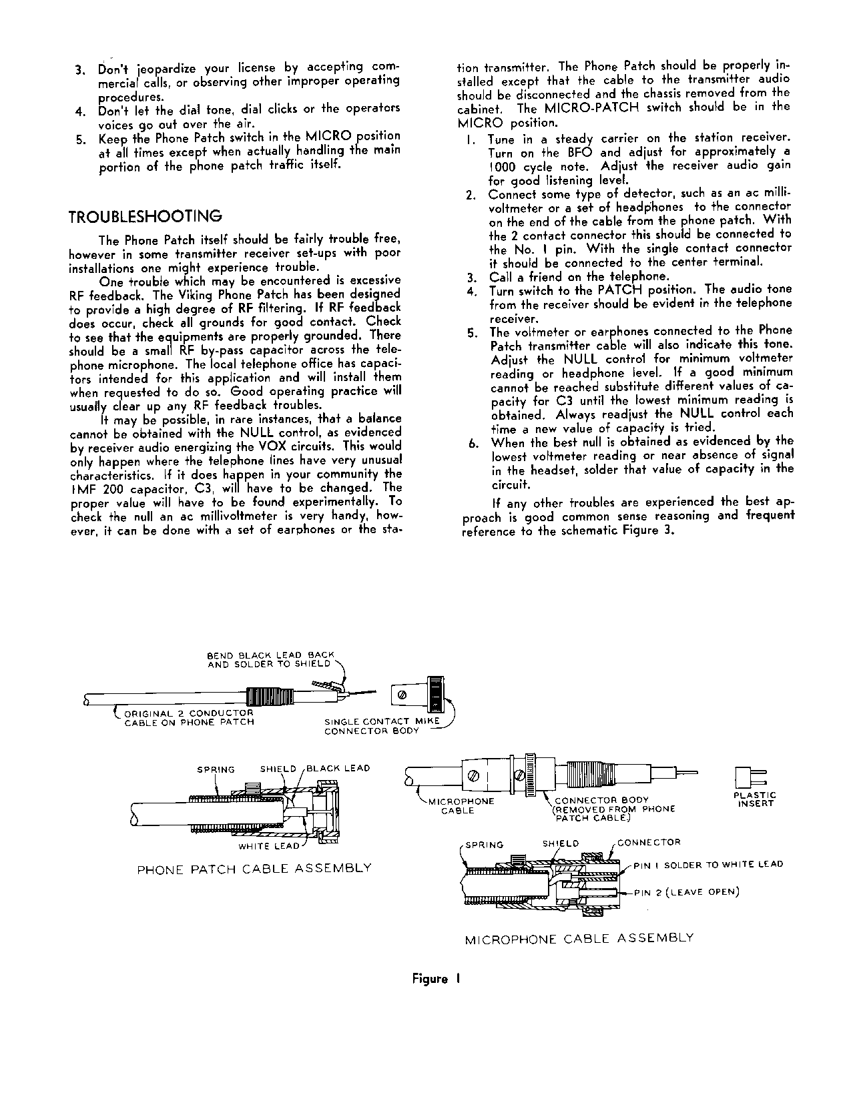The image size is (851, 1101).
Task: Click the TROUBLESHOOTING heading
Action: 146,217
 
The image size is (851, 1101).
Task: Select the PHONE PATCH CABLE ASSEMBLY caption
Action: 254,868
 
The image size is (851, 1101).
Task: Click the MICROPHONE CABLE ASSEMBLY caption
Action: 579,938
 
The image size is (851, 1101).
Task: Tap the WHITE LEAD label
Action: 269,846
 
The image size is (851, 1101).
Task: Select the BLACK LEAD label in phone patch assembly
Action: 338,769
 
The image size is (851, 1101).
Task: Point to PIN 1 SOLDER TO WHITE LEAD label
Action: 708,865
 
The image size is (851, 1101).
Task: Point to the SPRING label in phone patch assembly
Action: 216,769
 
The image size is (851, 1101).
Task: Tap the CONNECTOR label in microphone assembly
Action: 649,842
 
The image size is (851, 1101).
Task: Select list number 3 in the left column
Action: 79,69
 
